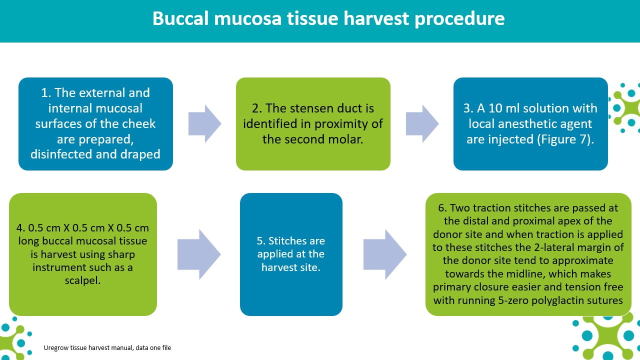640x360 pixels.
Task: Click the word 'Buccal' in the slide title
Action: click(x=180, y=18)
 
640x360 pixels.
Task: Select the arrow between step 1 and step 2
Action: click(x=204, y=123)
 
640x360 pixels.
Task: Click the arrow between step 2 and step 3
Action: click(x=422, y=123)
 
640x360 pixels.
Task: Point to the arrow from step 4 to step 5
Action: click(x=199, y=254)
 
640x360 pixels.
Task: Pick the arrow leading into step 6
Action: click(x=385, y=254)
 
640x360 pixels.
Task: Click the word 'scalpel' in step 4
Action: click(x=81, y=281)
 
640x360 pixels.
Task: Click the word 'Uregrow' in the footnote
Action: click(x=56, y=348)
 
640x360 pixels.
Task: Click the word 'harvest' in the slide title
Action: click(x=377, y=18)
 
